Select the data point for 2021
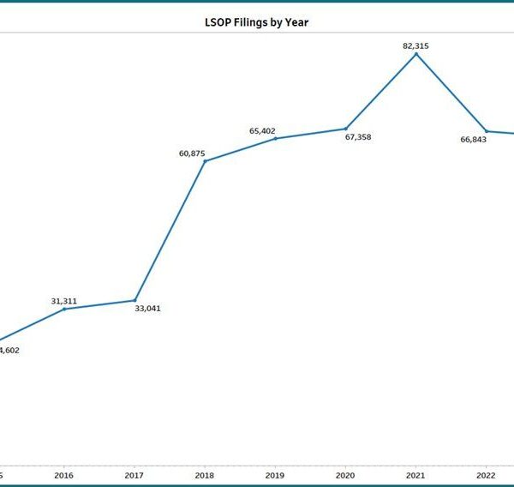pyautogui.click(x=416, y=54)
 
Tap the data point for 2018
pyautogui.click(x=205, y=161)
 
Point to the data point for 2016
pyautogui.click(x=64, y=309)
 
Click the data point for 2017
pyautogui.click(x=134, y=300)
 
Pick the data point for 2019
pyautogui.click(x=275, y=138)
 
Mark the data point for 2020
pyautogui.click(x=346, y=129)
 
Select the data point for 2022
pyautogui.click(x=486, y=131)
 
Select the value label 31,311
pyautogui.click(x=64, y=301)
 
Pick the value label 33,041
pyautogui.click(x=147, y=308)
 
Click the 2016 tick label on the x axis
pyautogui.click(x=63, y=474)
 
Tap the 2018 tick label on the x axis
pyautogui.click(x=204, y=474)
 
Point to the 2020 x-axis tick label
pyautogui.click(x=345, y=474)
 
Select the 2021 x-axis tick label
pyautogui.click(x=415, y=474)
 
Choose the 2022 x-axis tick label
pyautogui.click(x=486, y=474)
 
